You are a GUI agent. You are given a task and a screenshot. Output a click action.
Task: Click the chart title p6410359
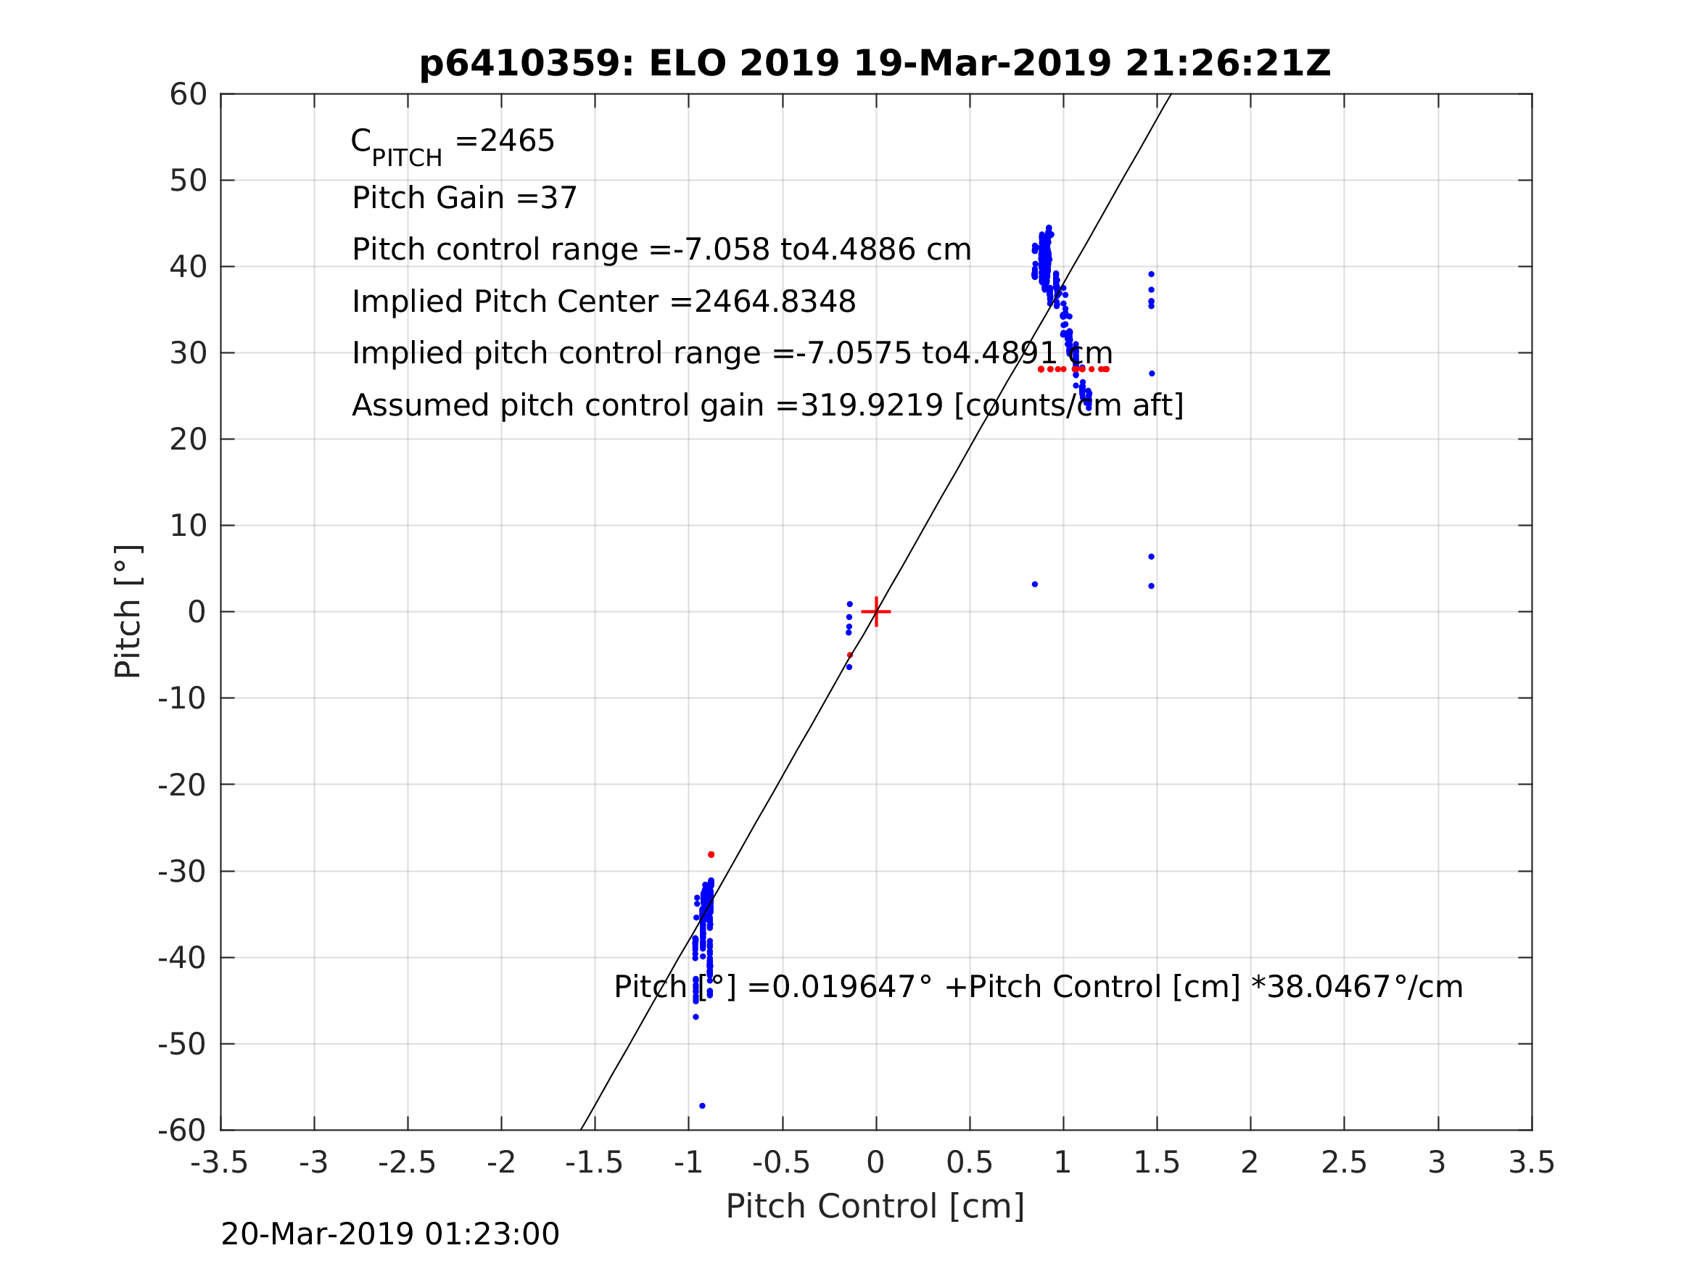pos(875,64)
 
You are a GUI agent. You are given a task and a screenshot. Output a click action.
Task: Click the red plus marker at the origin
pos(876,612)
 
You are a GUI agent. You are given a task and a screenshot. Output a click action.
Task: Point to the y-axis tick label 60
pos(188,95)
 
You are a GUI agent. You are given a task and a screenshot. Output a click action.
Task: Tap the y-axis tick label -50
pos(182,1044)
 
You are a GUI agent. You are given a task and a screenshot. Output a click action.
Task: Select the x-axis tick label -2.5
pos(407,1162)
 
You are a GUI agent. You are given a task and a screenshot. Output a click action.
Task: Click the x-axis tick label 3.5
pos(1532,1162)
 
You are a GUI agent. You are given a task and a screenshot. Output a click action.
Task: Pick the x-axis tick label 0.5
pos(969,1162)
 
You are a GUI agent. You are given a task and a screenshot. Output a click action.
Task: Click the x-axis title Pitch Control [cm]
pos(875,1207)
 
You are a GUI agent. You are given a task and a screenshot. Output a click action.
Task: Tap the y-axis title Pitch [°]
pos(128,612)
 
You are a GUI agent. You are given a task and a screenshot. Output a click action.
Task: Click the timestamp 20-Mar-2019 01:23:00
pos(390,1235)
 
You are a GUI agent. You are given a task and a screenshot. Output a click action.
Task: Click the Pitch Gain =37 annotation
pos(464,198)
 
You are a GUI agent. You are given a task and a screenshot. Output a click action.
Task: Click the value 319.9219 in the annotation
pos(871,405)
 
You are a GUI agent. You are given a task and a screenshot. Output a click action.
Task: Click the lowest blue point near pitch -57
pos(702,1106)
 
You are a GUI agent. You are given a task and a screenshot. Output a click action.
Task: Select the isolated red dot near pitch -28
pos(711,854)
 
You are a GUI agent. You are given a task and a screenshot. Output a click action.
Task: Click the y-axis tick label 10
pos(188,526)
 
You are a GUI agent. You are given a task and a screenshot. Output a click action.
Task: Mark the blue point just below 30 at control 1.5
pos(1152,374)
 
